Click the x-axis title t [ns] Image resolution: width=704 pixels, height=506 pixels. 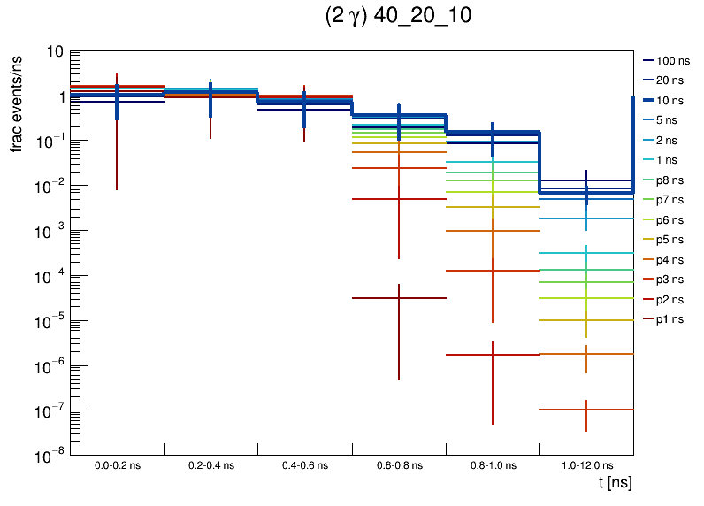coord(615,483)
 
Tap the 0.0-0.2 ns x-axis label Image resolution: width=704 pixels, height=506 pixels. coord(118,464)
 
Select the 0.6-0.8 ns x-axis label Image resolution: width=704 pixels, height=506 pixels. coord(399,464)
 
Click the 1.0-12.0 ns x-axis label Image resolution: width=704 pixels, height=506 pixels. coord(586,464)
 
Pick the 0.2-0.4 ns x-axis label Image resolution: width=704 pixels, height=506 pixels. coord(211,464)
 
